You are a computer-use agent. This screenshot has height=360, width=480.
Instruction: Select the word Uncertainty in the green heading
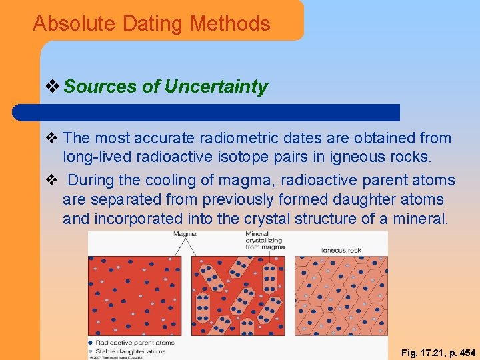[216, 87]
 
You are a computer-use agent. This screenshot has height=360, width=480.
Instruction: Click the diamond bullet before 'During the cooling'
[54, 181]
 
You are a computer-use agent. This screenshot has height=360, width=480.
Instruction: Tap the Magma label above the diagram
[185, 234]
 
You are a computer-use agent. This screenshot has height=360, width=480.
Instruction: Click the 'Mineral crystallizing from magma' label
[265, 241]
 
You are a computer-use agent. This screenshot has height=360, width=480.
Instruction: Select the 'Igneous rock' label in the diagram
[341, 250]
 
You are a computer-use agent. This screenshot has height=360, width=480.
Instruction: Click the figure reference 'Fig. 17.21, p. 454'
[438, 351]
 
